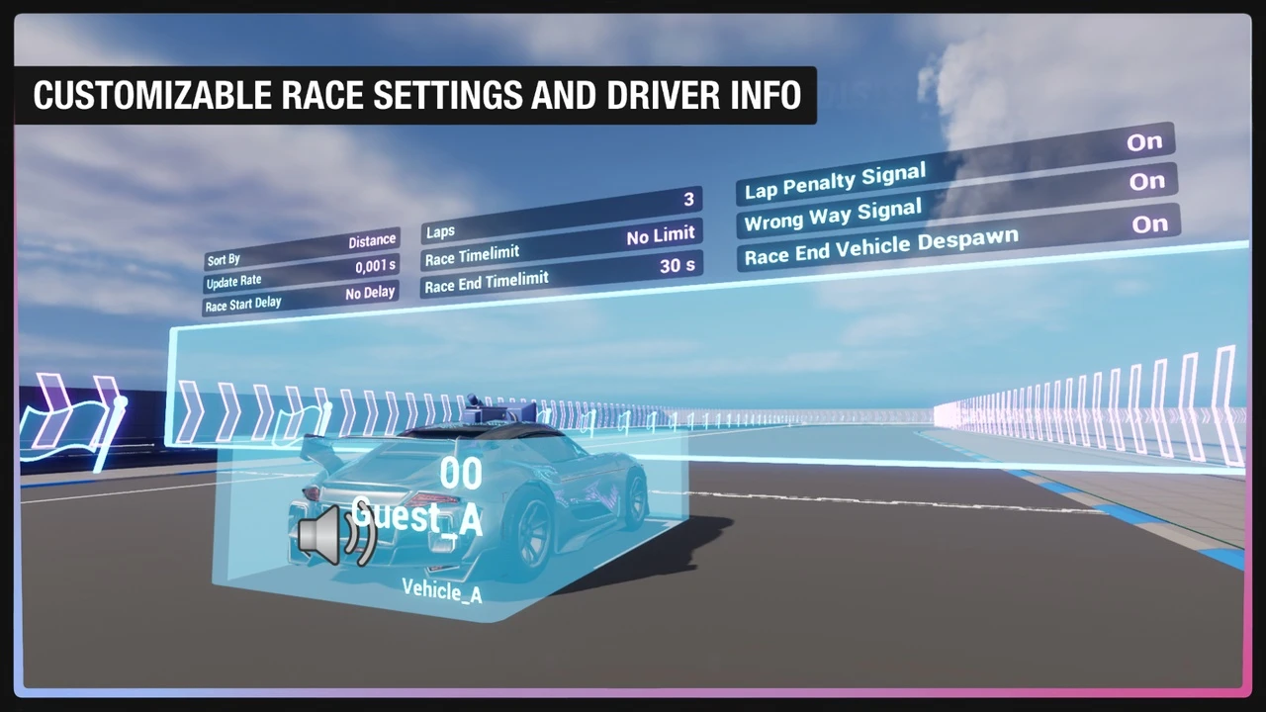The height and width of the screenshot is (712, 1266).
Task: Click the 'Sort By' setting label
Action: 224,260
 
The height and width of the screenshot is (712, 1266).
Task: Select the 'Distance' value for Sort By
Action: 372,241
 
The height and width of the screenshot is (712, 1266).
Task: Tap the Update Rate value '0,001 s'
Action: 375,266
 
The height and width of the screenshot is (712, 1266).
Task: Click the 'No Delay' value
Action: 370,293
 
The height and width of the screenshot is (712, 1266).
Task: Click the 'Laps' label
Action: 440,231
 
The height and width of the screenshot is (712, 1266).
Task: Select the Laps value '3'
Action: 688,200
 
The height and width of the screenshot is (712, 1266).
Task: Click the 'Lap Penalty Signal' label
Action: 835,181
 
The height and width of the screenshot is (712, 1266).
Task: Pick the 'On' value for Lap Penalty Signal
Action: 1144,142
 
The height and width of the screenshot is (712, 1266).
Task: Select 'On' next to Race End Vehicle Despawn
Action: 1150,224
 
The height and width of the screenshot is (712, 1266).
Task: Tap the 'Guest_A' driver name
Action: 417,517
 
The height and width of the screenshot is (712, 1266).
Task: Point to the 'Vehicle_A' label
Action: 442,591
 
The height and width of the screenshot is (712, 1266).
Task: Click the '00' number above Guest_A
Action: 461,474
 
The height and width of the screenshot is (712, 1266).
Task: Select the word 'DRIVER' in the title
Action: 669,95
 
